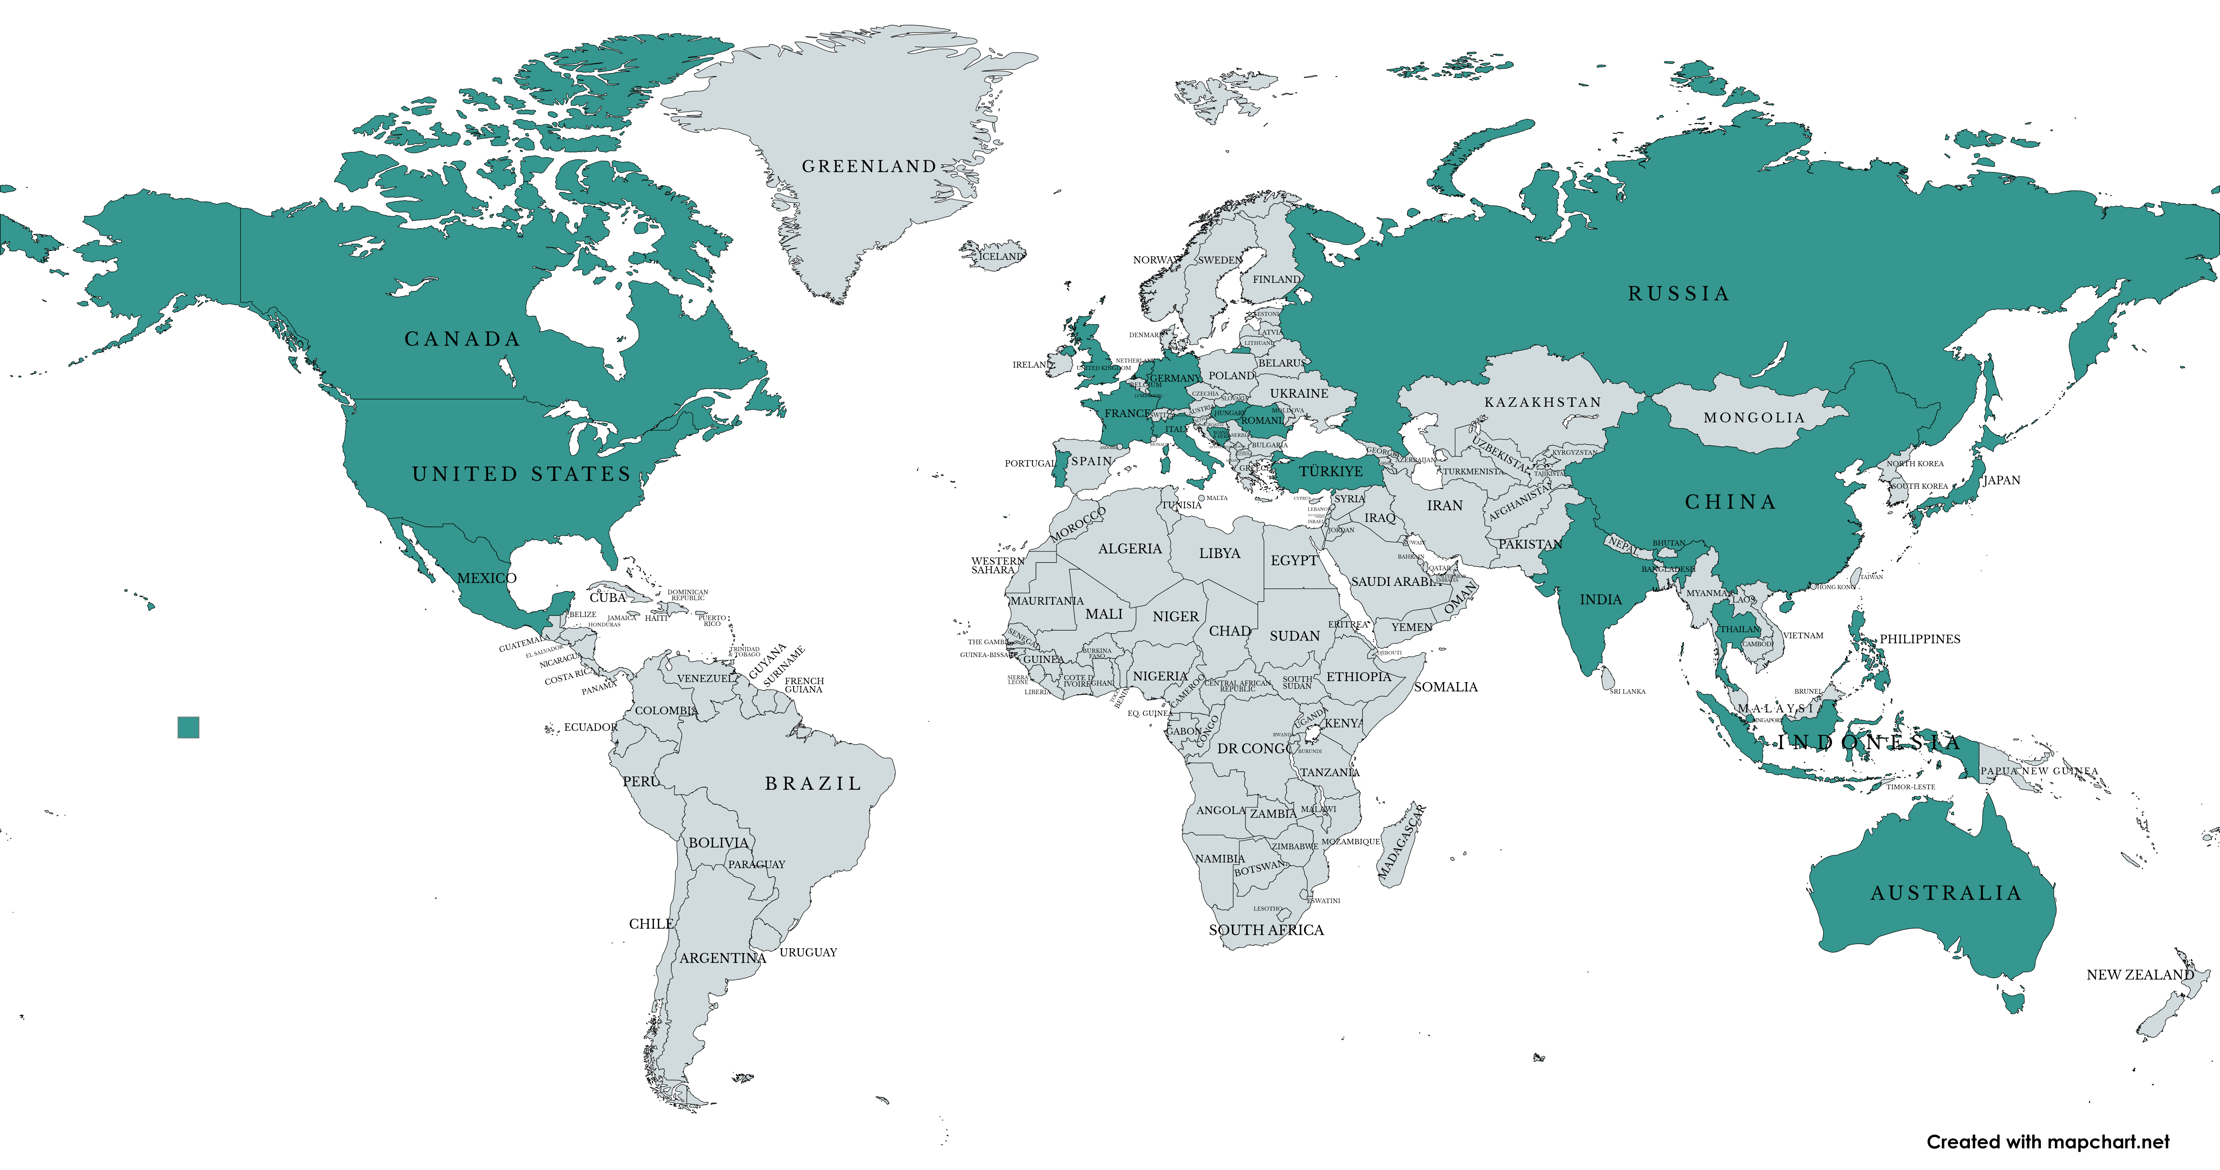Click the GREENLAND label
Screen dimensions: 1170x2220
coord(869,166)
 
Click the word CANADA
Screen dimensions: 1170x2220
coord(463,339)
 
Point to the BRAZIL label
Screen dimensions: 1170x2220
coord(813,784)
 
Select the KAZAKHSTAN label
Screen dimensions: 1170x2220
coord(1543,403)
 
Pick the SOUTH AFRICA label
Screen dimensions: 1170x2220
coord(1266,930)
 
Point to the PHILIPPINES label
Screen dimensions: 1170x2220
coord(1919,639)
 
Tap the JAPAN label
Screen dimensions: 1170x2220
coord(2001,480)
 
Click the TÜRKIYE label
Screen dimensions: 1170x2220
coord(1331,472)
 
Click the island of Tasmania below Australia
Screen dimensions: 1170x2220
coord(2014,1002)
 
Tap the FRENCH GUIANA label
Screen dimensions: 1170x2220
coord(804,686)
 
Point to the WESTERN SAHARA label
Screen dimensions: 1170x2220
coord(997,566)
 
